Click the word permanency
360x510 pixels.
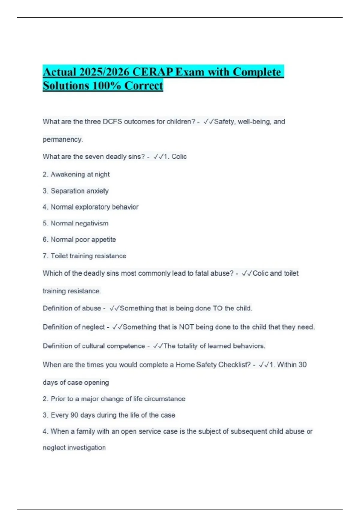(x=63, y=139)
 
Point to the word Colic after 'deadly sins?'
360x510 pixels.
(x=179, y=157)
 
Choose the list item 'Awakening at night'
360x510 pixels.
(x=80, y=174)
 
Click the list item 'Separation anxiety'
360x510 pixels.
(x=79, y=191)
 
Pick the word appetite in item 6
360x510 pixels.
(x=103, y=239)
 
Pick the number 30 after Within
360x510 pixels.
(x=302, y=365)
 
